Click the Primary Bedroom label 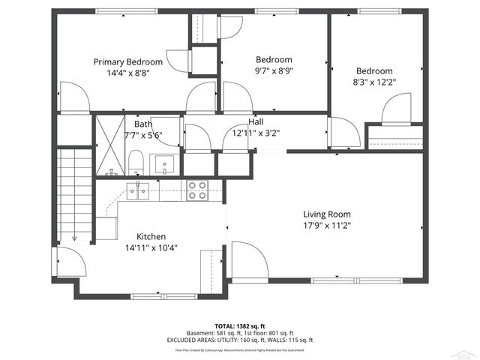click(x=127, y=61)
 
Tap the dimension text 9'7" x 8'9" click(x=274, y=72)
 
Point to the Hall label click(x=256, y=121)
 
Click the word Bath click(x=142, y=124)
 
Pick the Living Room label click(x=326, y=214)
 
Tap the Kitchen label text click(x=151, y=236)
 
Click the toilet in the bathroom click(x=136, y=161)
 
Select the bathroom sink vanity click(x=163, y=163)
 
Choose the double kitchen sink click(x=138, y=191)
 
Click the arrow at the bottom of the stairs click(x=75, y=237)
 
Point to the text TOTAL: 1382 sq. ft click(x=240, y=326)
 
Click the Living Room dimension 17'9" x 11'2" click(x=326, y=225)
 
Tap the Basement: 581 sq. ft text click(x=213, y=333)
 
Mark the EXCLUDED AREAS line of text click(x=240, y=340)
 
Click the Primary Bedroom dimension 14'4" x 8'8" click(x=127, y=73)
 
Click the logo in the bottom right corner click(x=468, y=352)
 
